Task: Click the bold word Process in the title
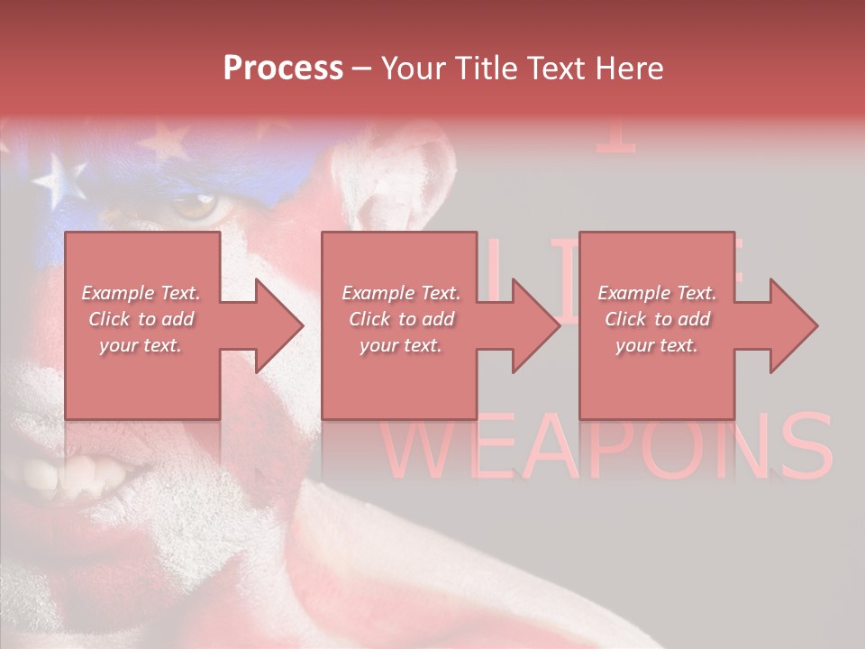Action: pos(283,69)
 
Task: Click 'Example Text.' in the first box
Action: pos(141,293)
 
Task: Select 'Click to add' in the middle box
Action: pos(401,319)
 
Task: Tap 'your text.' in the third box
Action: pos(656,345)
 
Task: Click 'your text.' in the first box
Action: pos(141,345)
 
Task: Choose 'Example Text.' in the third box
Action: pos(656,293)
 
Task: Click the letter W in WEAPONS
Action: pos(423,448)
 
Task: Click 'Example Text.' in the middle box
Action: pos(401,293)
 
